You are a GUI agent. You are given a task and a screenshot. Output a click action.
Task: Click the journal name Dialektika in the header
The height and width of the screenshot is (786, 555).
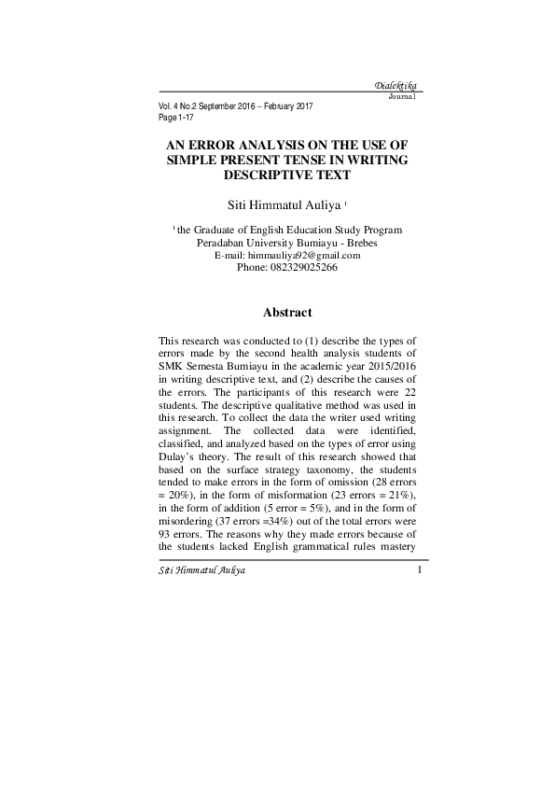click(x=394, y=87)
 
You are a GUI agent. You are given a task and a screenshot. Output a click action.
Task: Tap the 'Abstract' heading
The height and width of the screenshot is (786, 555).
click(x=287, y=312)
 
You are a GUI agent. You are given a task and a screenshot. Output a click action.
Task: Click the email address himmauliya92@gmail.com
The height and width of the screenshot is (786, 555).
click(x=303, y=255)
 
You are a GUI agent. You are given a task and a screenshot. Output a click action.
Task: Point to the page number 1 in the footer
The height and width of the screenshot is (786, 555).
click(x=421, y=569)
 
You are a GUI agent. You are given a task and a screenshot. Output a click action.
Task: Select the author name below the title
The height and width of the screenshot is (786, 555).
click(x=285, y=204)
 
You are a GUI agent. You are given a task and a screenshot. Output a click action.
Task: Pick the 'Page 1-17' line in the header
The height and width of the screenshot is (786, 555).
click(x=180, y=118)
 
